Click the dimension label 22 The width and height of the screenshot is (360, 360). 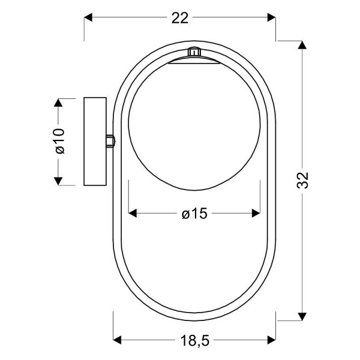pyautogui.click(x=179, y=18)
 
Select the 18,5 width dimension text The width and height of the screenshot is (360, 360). pyautogui.click(x=194, y=341)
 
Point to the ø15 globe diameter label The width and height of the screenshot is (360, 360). pyautogui.click(x=194, y=214)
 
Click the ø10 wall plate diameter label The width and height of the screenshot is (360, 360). pyautogui.click(x=59, y=141)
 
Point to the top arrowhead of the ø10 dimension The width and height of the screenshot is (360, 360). pyautogui.click(x=59, y=103)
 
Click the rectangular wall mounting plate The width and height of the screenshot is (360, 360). pyautogui.click(x=94, y=141)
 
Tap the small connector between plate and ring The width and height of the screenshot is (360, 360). pyautogui.click(x=110, y=141)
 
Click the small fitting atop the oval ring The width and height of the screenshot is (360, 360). pyautogui.click(x=193, y=52)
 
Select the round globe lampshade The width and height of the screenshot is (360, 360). pyautogui.click(x=194, y=126)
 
